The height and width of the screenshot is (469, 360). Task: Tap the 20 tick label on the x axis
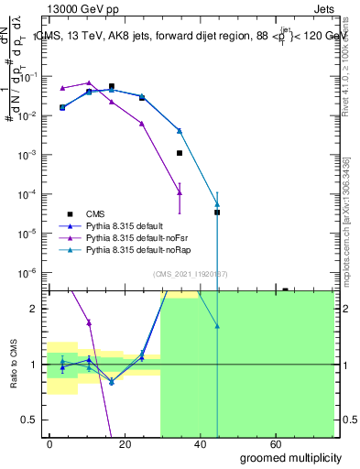point(125,443)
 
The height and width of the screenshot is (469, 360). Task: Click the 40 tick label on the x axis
point(202,443)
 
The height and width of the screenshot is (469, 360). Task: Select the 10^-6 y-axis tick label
point(28,272)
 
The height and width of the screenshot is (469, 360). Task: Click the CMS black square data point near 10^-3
point(180,153)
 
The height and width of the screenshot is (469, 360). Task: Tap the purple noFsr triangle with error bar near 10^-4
point(180,192)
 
